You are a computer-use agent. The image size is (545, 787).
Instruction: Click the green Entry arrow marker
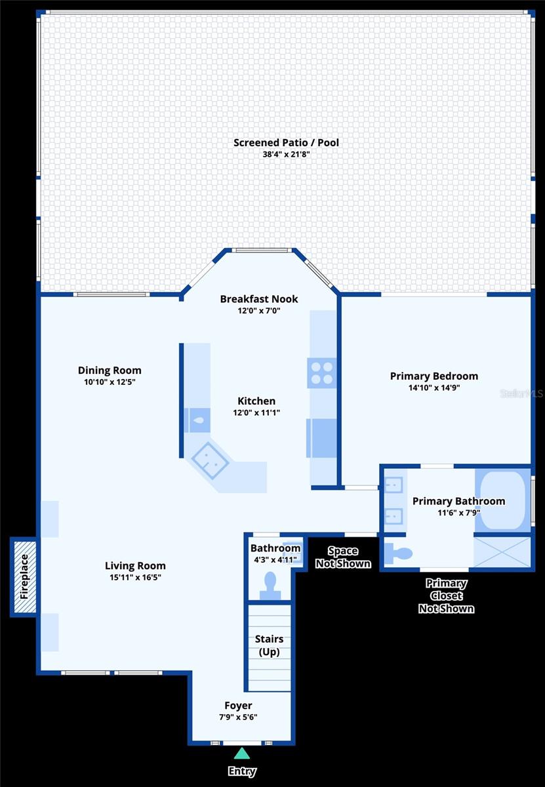tap(241, 754)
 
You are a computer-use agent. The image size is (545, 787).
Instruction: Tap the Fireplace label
tap(24, 577)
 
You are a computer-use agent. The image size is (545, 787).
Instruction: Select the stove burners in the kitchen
tap(321, 373)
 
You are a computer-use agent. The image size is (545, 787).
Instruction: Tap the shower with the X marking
tap(502, 552)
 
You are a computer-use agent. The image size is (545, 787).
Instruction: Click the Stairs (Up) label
tap(269, 645)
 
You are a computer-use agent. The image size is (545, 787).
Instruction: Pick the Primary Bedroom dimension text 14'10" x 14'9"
tap(434, 388)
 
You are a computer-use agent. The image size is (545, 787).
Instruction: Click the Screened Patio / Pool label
tap(286, 142)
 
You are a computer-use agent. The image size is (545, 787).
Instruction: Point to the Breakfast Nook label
tap(258, 299)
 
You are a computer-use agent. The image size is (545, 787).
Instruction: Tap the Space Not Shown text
tap(343, 557)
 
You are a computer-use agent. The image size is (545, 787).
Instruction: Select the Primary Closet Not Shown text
tap(446, 595)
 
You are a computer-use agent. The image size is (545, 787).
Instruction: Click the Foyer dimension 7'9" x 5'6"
tap(238, 717)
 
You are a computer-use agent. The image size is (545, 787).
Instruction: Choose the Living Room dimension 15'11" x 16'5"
tap(135, 577)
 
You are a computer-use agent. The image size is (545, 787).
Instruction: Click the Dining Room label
tap(110, 371)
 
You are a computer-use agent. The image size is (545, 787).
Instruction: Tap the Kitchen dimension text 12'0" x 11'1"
tap(256, 413)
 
